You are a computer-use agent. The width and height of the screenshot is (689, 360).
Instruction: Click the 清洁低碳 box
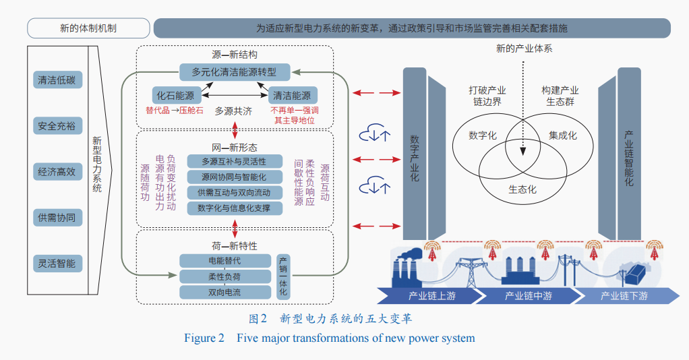point(57,80)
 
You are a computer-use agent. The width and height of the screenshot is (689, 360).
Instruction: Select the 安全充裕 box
point(57,125)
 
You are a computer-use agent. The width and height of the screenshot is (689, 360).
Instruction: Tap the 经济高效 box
point(57,171)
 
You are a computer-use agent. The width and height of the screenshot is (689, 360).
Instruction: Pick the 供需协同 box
point(57,217)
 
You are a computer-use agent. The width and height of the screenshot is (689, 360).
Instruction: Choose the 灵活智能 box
point(57,263)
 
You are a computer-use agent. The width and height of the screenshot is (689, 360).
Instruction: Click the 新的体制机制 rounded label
point(88,28)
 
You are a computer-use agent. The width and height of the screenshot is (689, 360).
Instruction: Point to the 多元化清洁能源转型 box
point(235,71)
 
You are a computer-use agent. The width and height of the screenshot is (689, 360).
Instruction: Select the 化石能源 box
point(175,96)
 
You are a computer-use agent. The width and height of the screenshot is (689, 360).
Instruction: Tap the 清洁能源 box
point(293,96)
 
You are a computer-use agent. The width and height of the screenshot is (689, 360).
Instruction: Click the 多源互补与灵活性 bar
point(234,161)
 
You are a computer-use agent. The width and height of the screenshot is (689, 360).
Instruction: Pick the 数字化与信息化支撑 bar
point(234,208)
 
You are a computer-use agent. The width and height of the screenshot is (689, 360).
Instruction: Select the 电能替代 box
point(224,260)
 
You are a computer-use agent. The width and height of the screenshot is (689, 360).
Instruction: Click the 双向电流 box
point(224,293)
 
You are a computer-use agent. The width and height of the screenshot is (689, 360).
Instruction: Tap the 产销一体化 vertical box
point(284,276)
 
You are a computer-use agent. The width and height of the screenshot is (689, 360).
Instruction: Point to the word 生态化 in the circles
point(522,189)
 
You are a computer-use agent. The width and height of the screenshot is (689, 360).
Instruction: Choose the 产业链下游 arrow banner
point(624,296)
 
